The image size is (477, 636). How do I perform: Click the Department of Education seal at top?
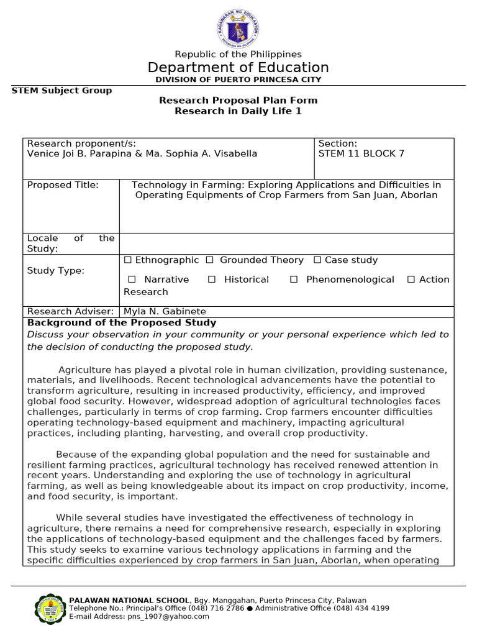click(x=238, y=27)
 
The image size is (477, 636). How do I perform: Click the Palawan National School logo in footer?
click(x=48, y=609)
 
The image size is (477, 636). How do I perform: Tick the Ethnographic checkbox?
click(x=128, y=260)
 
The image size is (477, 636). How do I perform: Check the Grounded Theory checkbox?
click(x=210, y=260)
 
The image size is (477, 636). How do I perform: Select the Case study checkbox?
click(x=317, y=260)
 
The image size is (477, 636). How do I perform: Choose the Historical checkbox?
click(x=212, y=279)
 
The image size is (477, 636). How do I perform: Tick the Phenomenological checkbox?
click(x=294, y=279)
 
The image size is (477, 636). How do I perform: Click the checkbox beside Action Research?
click(x=411, y=279)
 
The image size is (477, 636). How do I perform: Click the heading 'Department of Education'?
click(x=238, y=68)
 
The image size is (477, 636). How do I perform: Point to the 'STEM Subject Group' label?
click(x=62, y=91)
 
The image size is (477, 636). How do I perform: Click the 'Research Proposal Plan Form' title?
click(x=238, y=100)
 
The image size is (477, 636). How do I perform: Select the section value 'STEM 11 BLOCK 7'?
click(x=361, y=154)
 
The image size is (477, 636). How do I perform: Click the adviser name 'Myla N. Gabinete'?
click(x=165, y=311)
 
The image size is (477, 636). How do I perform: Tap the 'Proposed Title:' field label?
click(x=63, y=185)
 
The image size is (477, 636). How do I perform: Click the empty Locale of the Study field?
click(x=286, y=243)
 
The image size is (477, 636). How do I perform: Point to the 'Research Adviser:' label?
click(x=70, y=311)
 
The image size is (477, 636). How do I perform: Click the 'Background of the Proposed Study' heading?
click(x=122, y=322)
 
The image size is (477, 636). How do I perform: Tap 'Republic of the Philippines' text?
click(x=238, y=55)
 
